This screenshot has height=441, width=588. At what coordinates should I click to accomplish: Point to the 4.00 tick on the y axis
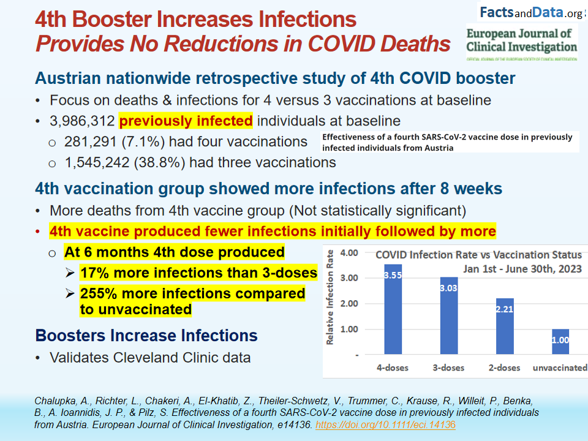349,252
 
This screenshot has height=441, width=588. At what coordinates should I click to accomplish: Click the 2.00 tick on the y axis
349,304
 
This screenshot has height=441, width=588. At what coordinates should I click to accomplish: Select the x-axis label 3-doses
449,367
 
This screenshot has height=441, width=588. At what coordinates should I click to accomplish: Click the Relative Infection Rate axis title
330,296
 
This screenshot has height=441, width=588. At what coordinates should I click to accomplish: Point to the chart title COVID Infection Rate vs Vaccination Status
478,254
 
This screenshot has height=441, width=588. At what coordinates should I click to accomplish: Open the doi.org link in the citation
385,424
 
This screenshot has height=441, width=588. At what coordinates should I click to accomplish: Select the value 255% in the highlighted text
97,293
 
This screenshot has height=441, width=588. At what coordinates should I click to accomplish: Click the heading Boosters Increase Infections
146,336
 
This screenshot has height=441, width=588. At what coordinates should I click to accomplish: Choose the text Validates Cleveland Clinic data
150,357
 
